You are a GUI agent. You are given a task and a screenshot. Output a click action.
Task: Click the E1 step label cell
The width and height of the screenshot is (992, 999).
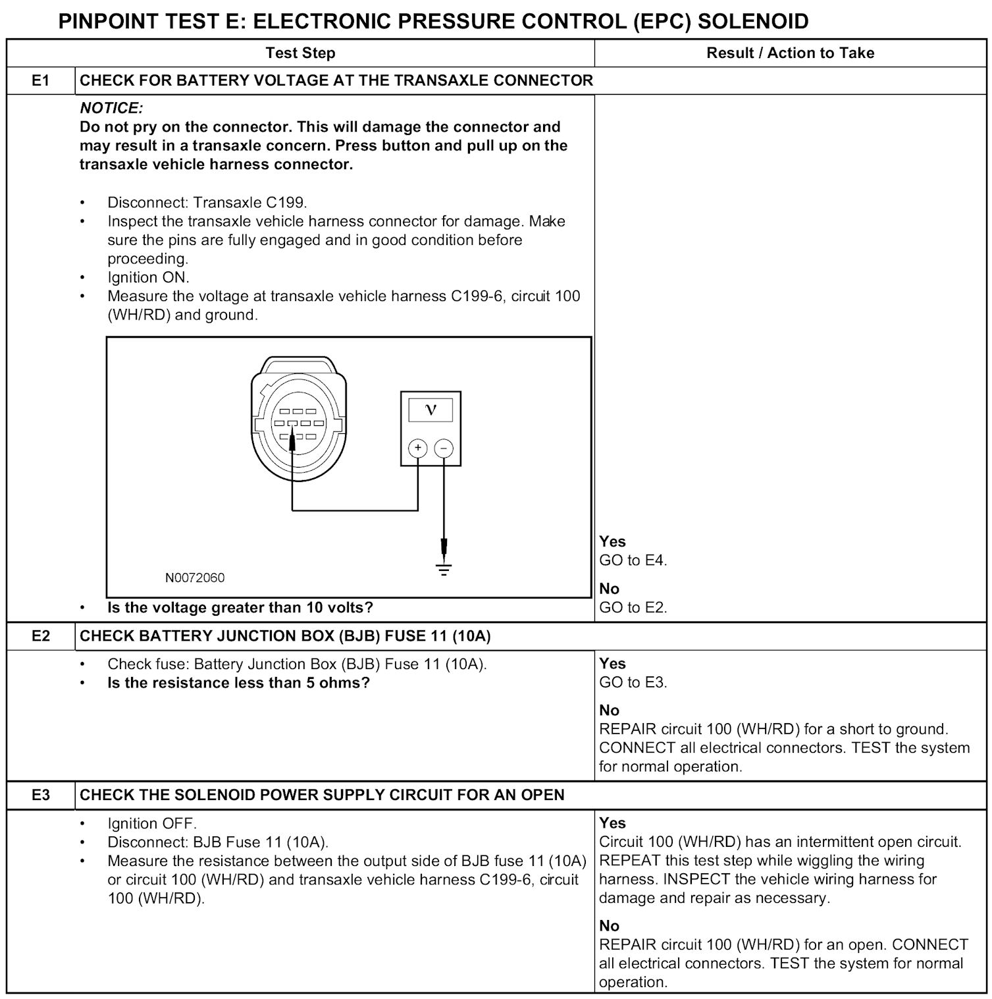pos(41,80)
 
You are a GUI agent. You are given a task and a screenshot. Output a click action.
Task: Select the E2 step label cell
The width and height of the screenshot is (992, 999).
pos(41,636)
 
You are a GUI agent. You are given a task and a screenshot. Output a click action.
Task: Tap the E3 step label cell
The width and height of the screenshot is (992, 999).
pos(41,796)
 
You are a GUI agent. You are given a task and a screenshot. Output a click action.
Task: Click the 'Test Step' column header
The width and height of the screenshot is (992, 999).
pos(300,53)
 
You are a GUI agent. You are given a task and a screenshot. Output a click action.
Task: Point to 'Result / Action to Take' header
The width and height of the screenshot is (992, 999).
pos(790,53)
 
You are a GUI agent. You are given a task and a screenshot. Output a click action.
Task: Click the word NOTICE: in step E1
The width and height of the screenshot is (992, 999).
pos(111,108)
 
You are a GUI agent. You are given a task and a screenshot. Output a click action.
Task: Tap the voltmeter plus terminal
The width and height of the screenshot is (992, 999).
pos(417,448)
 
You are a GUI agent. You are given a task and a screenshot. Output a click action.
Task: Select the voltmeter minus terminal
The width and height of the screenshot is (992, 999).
pos(444,448)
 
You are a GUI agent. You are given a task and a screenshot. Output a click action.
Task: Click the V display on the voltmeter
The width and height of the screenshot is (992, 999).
pos(431,410)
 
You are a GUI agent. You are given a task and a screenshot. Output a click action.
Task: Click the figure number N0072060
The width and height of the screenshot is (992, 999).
pos(195,578)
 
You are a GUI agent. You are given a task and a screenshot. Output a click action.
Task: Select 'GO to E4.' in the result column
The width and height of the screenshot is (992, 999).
pos(633,560)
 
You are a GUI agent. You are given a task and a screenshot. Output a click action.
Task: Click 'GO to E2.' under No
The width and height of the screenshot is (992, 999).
pos(633,607)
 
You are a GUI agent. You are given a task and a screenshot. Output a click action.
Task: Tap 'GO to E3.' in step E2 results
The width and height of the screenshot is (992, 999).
pos(633,682)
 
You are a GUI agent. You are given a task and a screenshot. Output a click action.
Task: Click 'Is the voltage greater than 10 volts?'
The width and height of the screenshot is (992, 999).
pos(240,607)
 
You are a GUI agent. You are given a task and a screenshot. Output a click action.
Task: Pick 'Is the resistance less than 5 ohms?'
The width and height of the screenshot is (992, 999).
pos(238,682)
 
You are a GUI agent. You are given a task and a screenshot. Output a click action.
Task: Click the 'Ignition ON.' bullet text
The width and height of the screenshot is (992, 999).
pos(148,277)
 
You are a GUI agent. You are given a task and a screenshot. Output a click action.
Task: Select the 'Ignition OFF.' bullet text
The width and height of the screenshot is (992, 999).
pos(152,823)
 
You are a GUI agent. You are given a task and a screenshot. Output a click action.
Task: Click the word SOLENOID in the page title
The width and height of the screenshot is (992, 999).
pos(753,21)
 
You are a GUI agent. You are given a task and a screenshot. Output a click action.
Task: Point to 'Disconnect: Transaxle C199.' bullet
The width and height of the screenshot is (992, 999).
pos(207,202)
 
